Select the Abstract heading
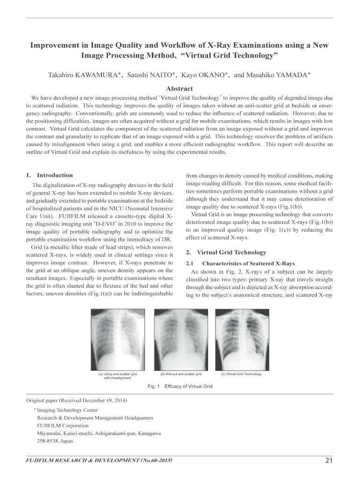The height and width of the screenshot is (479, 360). [x=180, y=88]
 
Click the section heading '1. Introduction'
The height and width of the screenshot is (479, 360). [x=50, y=175]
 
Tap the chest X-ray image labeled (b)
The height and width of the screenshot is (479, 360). [x=180, y=339]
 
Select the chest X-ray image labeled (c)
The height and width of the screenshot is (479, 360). [x=241, y=339]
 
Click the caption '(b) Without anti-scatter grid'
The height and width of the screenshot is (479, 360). [x=180, y=374]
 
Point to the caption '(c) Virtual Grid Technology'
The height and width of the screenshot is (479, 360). [x=241, y=374]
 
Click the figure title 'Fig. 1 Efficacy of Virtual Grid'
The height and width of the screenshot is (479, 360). [x=180, y=386]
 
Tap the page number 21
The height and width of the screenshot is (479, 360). [x=329, y=461]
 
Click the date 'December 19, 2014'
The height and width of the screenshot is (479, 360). [x=104, y=401]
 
